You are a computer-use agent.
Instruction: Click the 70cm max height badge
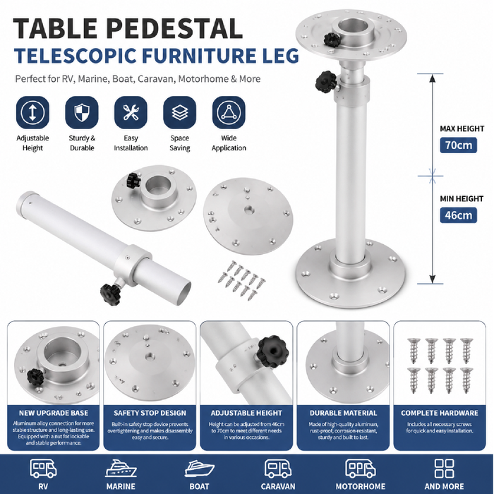tap(458, 145)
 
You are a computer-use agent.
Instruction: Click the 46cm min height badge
tap(458, 215)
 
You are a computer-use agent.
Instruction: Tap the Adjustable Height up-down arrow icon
tap(32, 112)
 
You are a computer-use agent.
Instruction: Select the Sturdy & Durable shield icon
tap(82, 112)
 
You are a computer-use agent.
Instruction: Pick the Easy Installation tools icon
tap(131, 112)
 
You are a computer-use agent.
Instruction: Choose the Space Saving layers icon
tap(179, 112)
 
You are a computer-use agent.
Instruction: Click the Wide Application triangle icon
tap(229, 112)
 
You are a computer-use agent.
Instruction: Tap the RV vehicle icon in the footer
tap(43, 468)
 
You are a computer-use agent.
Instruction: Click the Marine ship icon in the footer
tap(121, 469)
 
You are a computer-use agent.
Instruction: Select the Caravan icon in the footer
tap(278, 469)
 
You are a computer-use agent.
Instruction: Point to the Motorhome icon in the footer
tap(361, 469)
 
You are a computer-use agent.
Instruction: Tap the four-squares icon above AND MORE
tap(444, 468)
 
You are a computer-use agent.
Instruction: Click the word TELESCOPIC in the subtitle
tap(76, 56)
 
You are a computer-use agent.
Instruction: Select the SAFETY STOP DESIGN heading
tap(150, 413)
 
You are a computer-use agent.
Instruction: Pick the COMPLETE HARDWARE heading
tap(440, 413)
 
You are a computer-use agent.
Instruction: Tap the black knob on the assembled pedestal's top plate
tap(332, 40)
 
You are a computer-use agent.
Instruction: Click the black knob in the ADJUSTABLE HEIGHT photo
tap(268, 351)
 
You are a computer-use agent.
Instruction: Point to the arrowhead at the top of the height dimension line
tap(433, 78)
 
